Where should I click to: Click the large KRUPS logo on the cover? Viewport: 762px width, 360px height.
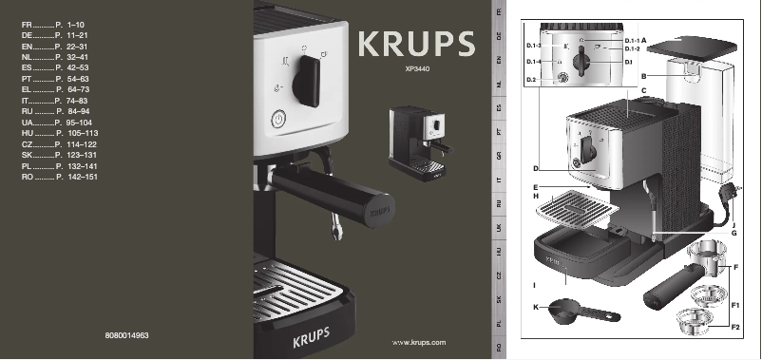click(416, 44)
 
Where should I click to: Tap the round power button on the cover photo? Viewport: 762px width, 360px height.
click(278, 120)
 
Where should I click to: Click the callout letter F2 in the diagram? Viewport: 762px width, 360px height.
click(734, 327)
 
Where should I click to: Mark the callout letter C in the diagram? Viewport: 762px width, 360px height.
click(643, 90)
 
